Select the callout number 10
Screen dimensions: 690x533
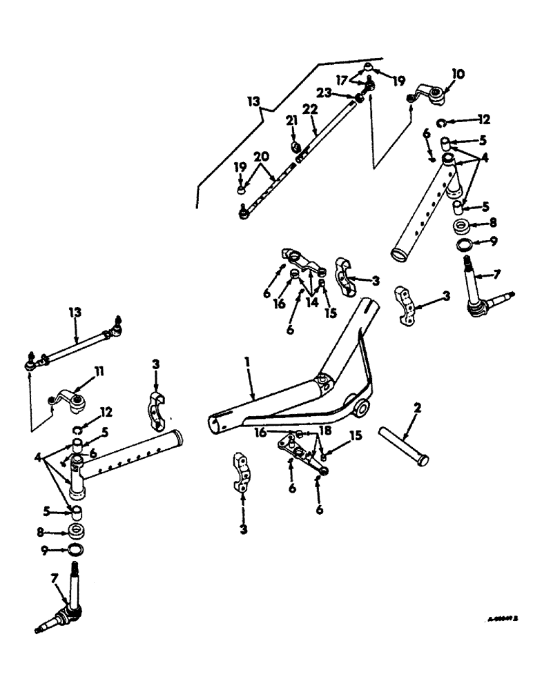tap(458, 72)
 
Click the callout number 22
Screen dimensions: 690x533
tap(310, 110)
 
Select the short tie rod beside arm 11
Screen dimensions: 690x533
tap(75, 346)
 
